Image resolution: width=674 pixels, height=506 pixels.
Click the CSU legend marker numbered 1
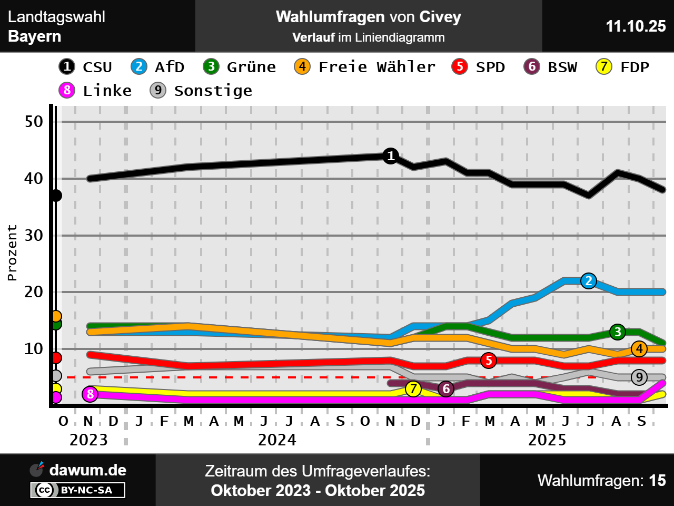(67, 66)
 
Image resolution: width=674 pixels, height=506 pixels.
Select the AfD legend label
(169, 67)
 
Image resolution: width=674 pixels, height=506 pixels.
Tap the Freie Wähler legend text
(377, 67)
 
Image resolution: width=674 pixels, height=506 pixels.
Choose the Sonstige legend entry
(213, 91)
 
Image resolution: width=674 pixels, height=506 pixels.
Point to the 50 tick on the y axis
(34, 122)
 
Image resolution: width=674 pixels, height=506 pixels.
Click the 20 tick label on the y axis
(34, 291)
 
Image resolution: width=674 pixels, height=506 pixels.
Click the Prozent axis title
(12, 252)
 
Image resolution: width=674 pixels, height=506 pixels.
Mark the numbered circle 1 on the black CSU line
(391, 156)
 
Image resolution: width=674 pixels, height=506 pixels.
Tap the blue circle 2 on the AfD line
(589, 281)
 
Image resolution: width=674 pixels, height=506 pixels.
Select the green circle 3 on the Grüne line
(618, 332)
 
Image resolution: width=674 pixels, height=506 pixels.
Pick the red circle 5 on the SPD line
(489, 361)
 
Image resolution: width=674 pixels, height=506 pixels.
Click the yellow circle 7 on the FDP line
(414, 389)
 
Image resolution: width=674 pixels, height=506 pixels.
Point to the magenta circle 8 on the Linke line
(90, 394)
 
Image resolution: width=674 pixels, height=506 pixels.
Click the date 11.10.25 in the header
(636, 26)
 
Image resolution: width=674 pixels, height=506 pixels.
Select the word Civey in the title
(440, 17)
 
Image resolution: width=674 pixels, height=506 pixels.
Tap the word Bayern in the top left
(35, 36)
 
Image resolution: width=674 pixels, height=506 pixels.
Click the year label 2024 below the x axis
(277, 440)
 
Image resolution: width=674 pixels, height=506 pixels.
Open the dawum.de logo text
(87, 470)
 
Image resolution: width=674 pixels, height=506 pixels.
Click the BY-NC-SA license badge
(78, 490)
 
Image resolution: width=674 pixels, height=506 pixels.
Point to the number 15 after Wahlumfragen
(657, 480)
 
